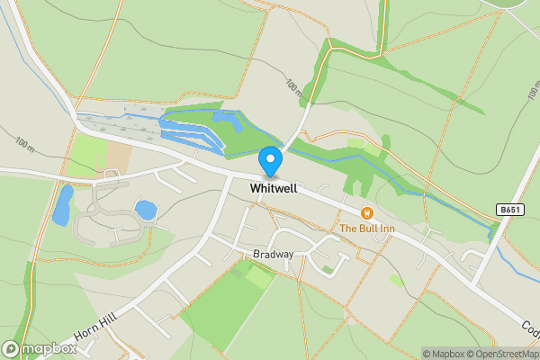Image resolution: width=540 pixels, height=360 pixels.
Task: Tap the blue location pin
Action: (x=270, y=160)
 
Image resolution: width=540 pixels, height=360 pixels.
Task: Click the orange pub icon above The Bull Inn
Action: (x=367, y=212)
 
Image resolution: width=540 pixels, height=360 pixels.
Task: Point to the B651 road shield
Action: (x=508, y=210)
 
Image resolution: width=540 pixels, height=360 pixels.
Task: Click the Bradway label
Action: (x=274, y=255)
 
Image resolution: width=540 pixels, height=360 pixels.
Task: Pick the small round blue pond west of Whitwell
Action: (x=145, y=210)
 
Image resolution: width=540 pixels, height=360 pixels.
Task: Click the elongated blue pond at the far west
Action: (x=62, y=206)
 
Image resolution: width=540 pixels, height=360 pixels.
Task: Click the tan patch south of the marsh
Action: (x=118, y=157)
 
